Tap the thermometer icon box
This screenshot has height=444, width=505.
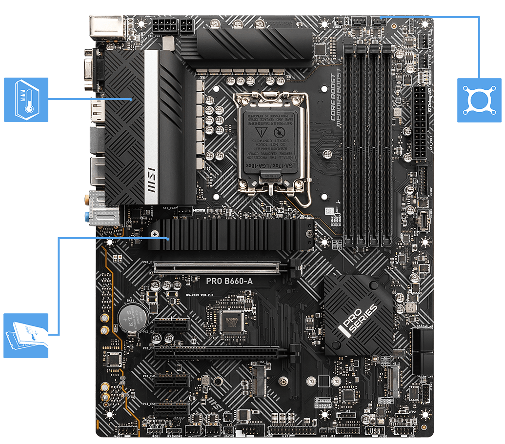click(x=26, y=100)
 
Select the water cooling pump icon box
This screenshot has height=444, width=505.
click(x=479, y=100)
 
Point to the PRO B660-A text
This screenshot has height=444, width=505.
click(x=229, y=281)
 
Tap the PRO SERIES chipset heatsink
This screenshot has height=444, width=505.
click(x=359, y=314)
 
